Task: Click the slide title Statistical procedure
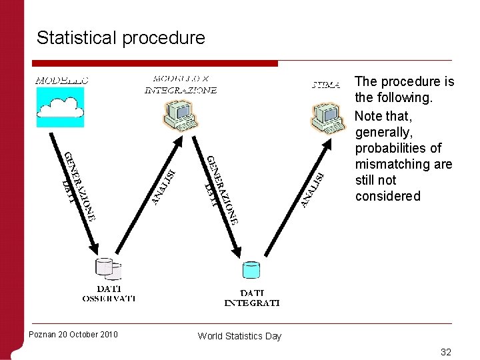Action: (121, 37)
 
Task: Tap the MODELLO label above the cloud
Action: (62, 80)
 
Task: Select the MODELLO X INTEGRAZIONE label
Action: (181, 84)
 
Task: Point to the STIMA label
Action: (326, 85)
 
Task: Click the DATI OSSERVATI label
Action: (109, 293)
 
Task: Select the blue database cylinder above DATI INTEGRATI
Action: (251, 270)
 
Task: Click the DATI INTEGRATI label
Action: (251, 297)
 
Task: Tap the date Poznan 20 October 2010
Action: (73, 334)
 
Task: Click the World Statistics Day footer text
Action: (239, 336)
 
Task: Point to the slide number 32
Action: (445, 351)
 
